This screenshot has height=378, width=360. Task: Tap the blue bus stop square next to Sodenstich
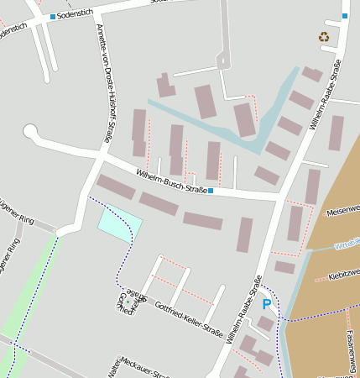pos(53,16)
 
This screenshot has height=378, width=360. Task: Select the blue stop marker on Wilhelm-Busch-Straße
pos(211,192)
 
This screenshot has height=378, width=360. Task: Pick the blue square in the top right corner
pos(345,16)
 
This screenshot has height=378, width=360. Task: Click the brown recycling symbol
pos(324,36)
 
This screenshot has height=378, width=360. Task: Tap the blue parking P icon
pos(267,304)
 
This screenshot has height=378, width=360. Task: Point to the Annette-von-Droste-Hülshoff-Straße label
pos(106,84)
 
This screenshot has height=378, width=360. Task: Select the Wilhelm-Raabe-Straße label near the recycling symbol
pos(325,94)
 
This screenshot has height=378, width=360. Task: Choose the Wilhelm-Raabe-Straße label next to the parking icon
pos(243,310)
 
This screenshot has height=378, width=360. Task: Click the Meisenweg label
pos(344,209)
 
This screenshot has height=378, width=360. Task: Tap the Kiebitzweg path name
pos(345,273)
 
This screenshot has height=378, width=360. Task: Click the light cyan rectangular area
pos(119,223)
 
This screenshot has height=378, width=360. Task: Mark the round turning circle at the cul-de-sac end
pos(31,131)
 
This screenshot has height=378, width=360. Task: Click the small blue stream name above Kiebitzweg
pos(347,245)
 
